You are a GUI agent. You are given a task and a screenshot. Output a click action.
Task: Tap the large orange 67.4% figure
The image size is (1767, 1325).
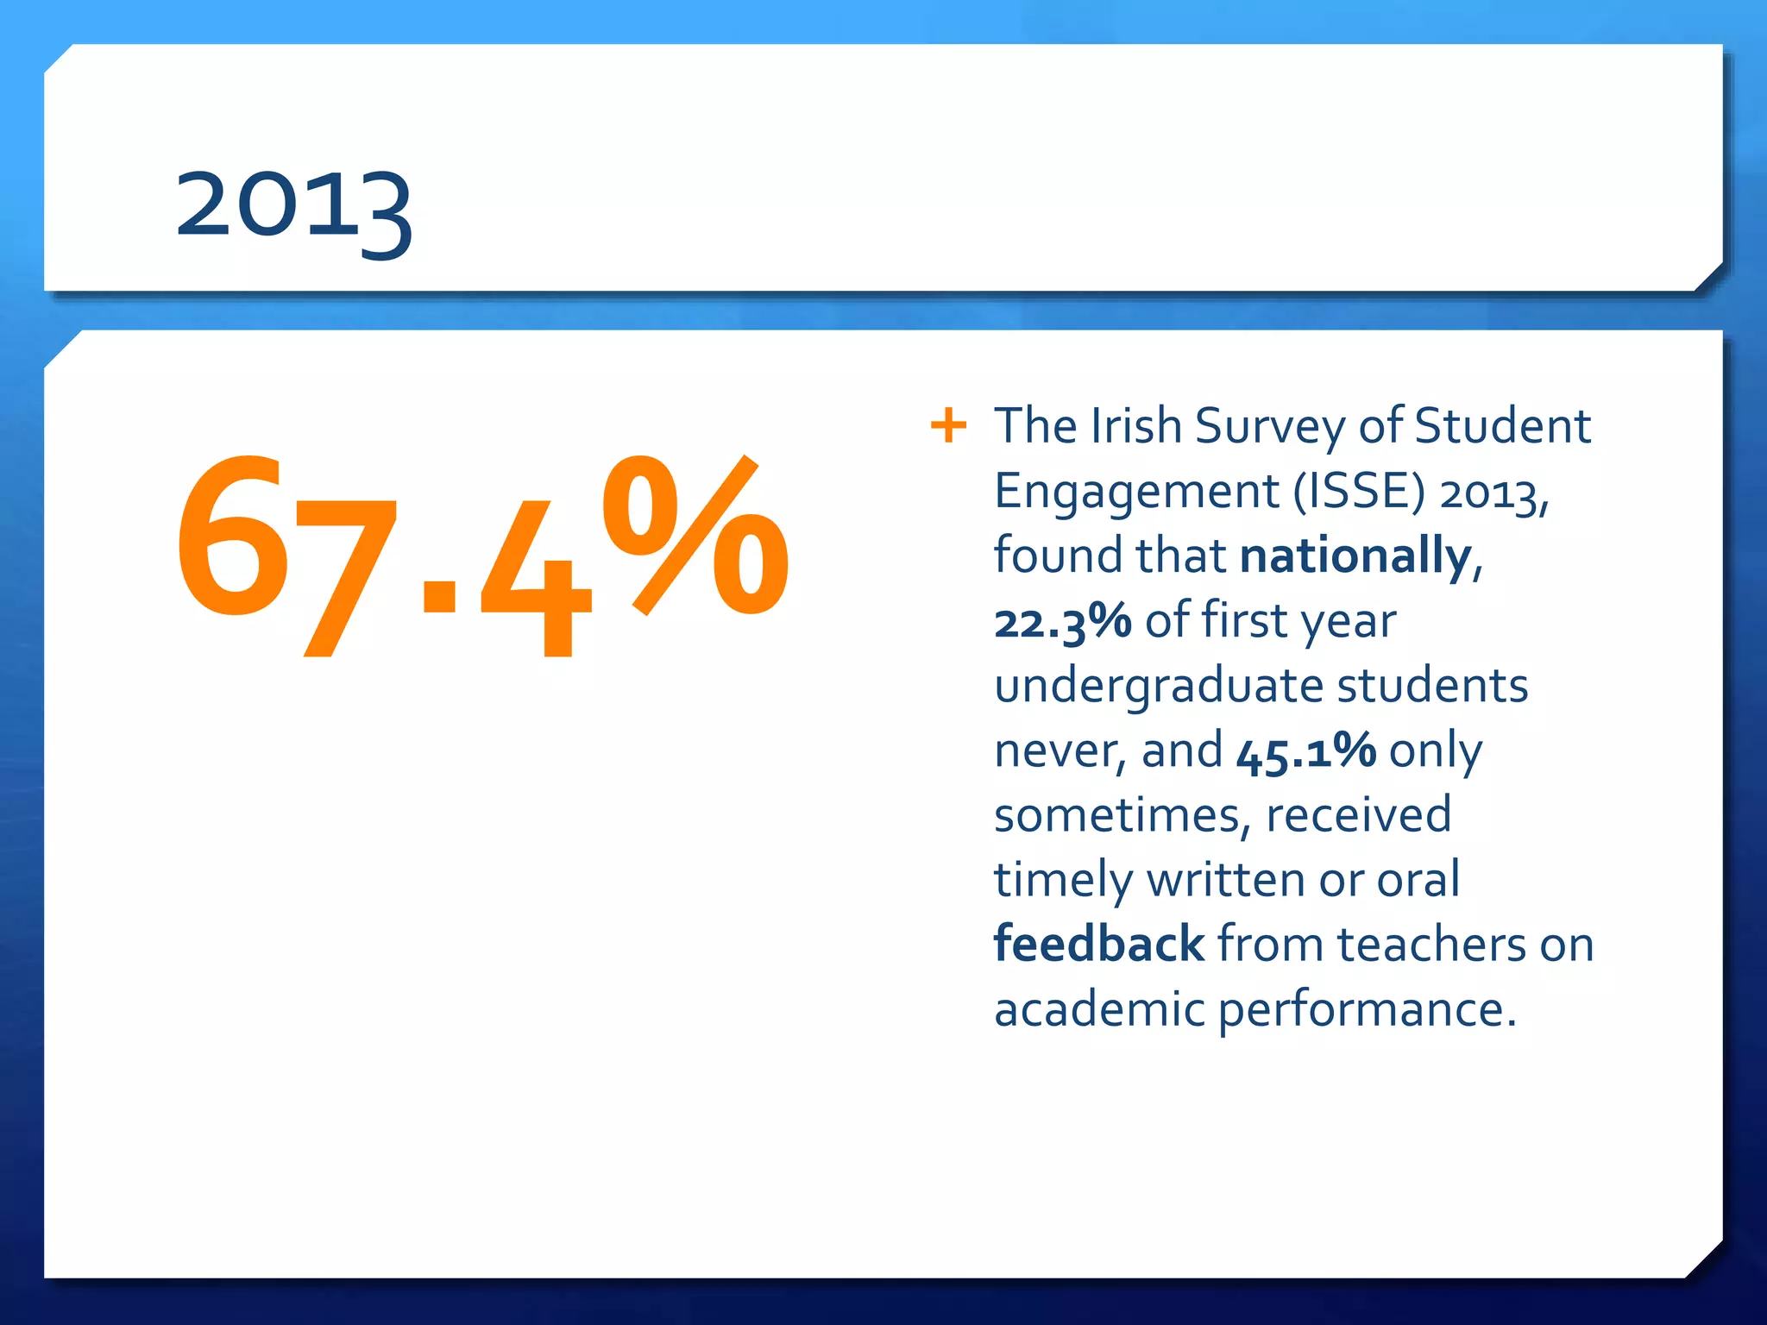(x=481, y=552)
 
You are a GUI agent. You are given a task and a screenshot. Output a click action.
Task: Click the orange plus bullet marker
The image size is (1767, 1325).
(x=948, y=425)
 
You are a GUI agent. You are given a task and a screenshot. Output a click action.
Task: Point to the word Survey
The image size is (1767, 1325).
(x=1270, y=428)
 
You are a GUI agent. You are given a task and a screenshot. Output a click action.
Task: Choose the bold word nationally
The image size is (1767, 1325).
(x=1355, y=556)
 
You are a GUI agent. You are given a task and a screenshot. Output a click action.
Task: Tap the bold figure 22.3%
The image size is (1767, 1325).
(x=1062, y=621)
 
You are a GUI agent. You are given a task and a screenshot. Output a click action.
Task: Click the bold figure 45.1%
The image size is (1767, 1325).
(x=1305, y=750)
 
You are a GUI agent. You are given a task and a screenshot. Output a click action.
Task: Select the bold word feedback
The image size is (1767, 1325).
(x=1098, y=944)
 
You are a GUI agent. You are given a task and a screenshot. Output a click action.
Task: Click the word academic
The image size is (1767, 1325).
(x=1098, y=1009)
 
